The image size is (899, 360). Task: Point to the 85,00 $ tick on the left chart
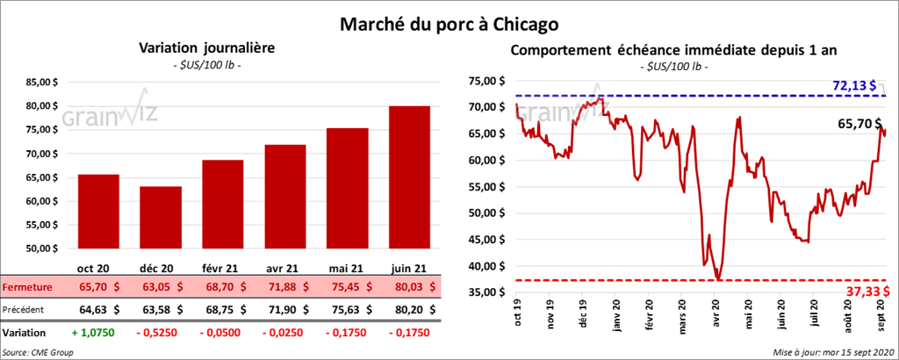coord(43,83)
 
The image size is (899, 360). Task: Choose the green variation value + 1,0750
coord(92,334)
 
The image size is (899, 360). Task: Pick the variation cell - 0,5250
coord(157,334)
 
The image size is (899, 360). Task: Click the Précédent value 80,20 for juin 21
coord(409,309)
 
